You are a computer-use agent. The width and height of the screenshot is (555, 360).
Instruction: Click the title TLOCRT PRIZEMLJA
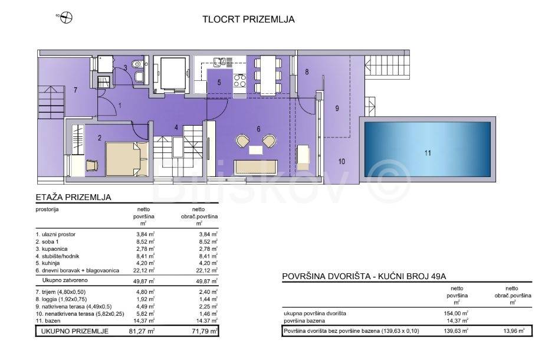tap(248, 19)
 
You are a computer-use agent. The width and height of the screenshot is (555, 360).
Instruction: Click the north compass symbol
tap(67, 17)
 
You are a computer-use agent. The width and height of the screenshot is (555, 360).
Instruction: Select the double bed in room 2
tap(127, 159)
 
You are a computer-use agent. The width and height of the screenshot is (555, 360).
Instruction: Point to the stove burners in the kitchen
tap(240, 80)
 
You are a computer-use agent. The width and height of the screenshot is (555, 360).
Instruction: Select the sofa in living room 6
tap(255, 166)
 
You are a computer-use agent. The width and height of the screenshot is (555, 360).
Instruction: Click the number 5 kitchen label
tap(219, 83)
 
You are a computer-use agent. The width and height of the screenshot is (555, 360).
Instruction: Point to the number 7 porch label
tap(75, 90)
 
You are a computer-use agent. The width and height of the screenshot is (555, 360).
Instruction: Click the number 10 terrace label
tap(341, 162)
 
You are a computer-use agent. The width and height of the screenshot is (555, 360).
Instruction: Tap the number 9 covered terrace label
tap(337, 109)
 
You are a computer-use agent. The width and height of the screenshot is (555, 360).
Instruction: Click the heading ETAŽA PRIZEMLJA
tap(74, 197)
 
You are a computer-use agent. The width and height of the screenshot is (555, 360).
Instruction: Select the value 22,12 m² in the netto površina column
tap(144, 270)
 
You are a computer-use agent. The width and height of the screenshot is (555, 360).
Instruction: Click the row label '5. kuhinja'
tap(47, 263)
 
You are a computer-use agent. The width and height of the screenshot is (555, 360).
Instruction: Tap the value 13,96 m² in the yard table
tap(514, 331)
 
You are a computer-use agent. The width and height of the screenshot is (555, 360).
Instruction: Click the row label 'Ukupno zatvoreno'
tap(65, 280)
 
